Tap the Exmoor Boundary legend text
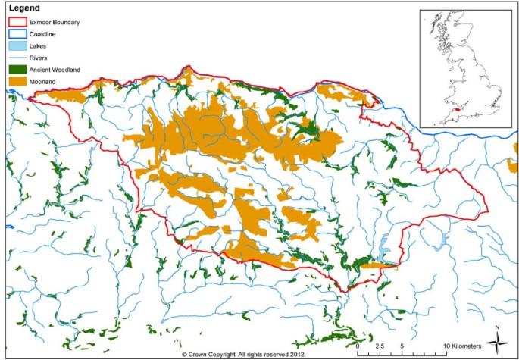click(55, 23)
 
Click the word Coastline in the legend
click(43, 34)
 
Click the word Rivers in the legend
click(39, 58)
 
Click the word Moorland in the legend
click(44, 80)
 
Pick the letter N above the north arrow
click(496, 327)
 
